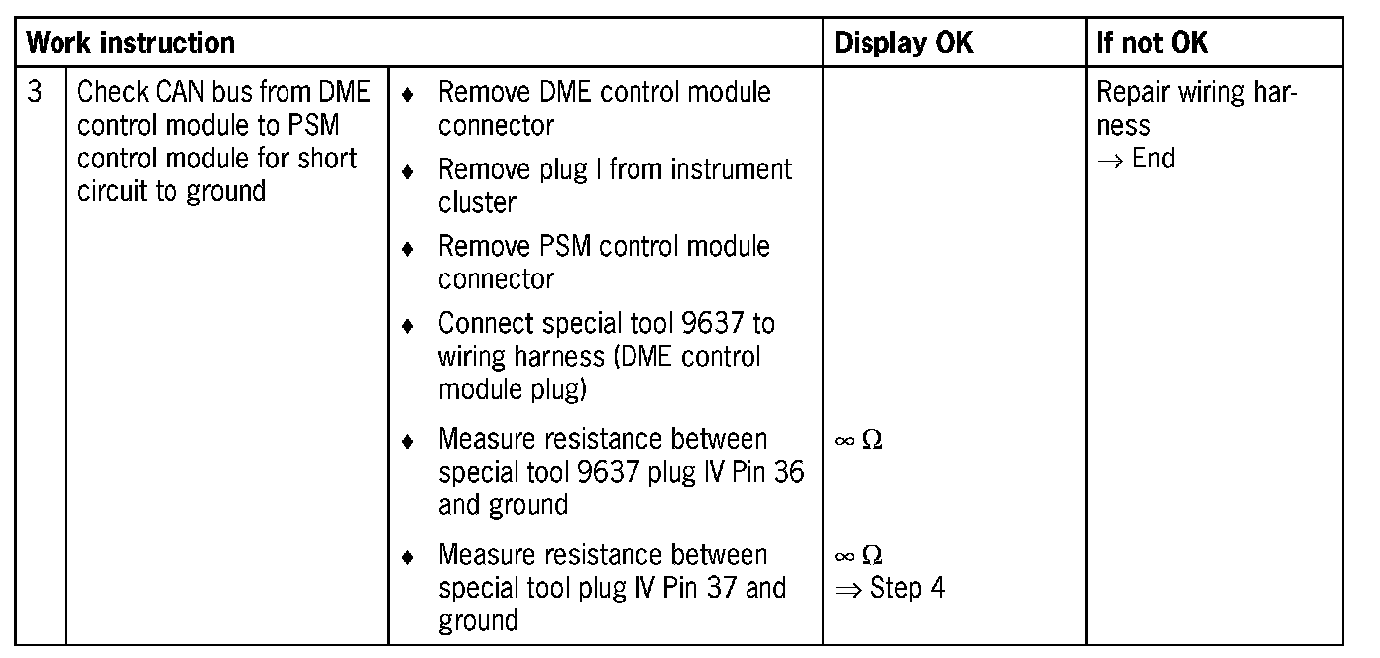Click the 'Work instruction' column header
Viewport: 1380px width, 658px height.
130,43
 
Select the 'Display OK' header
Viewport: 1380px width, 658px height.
903,43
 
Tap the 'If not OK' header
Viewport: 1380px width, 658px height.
1152,43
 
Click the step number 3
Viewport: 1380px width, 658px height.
36,93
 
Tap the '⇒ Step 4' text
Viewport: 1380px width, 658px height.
889,588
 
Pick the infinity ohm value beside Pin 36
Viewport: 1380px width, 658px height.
859,440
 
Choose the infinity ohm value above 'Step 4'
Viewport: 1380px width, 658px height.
859,555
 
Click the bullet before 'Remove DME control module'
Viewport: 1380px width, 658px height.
407,96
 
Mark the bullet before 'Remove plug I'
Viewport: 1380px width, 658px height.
407,172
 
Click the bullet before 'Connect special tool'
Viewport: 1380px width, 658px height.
407,326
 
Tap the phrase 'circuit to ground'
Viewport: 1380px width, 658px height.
171,191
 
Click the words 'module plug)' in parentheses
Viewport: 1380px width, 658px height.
512,389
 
